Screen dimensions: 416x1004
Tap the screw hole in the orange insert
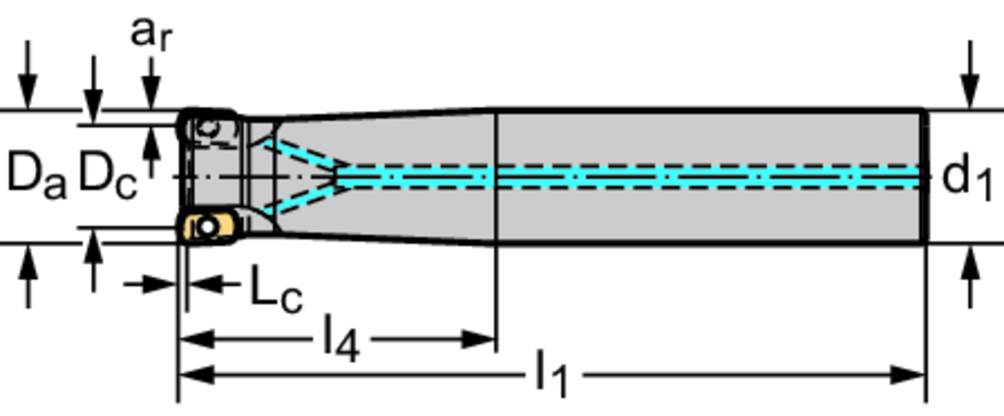pos(206,227)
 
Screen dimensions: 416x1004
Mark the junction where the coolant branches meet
pos(337,176)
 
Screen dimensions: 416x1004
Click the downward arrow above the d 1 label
pos(970,93)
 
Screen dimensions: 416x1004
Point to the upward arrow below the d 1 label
pos(970,263)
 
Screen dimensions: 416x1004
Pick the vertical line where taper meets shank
pos(497,177)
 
